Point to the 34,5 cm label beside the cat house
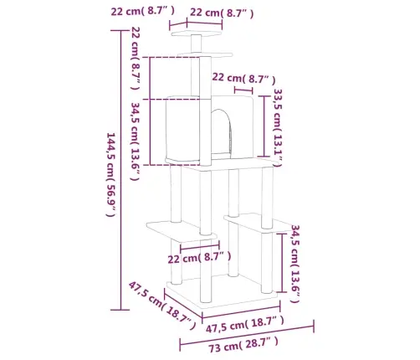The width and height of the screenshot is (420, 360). coord(136,134)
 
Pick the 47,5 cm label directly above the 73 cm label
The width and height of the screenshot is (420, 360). coord(246,321)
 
